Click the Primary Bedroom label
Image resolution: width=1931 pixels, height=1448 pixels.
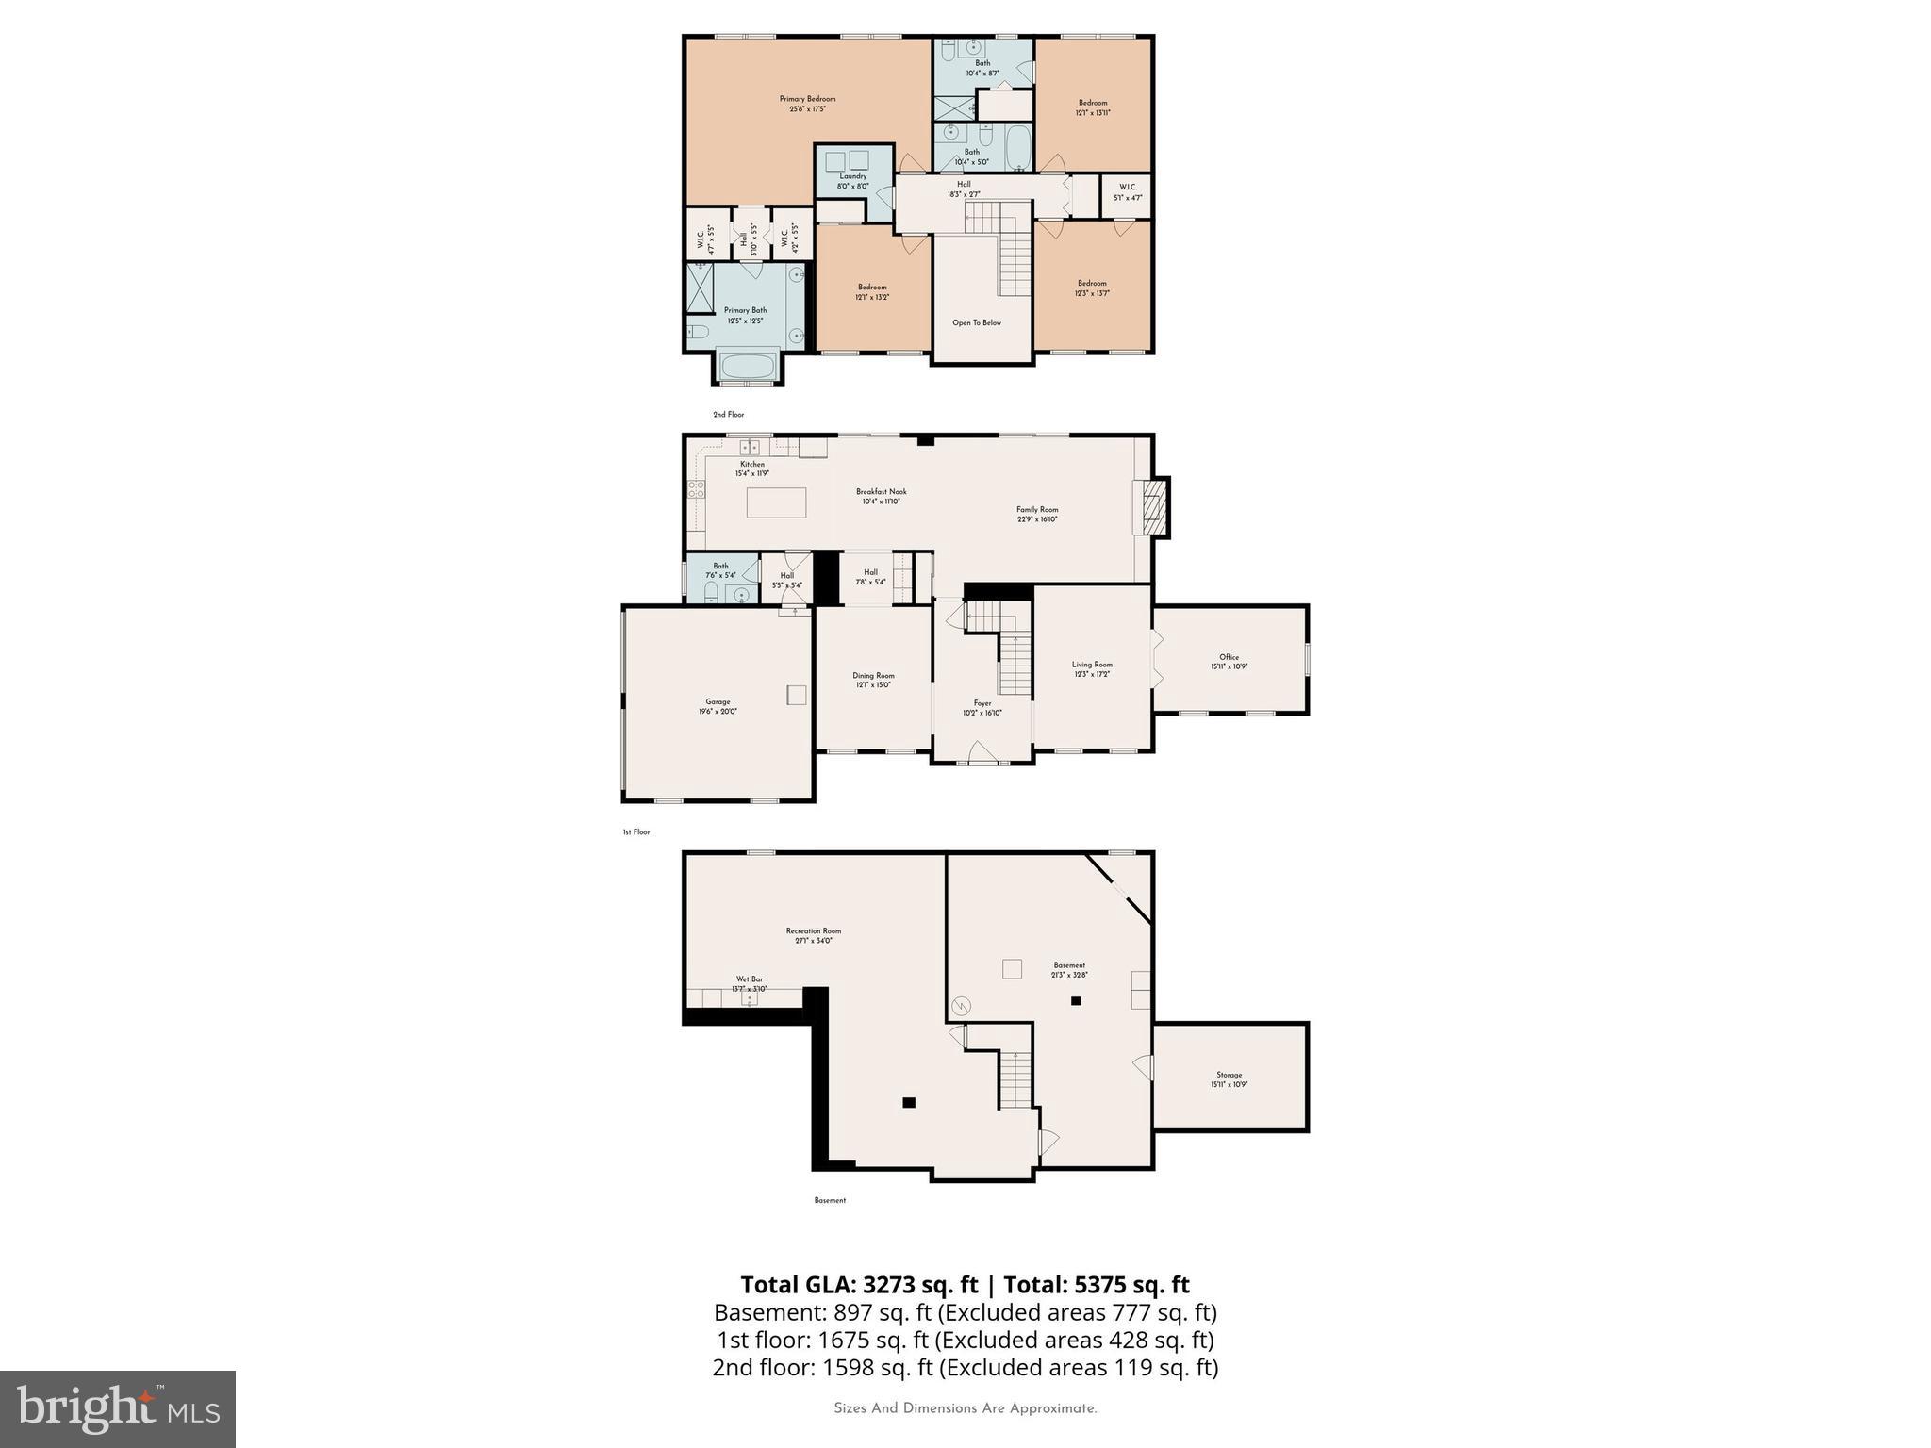[x=807, y=99]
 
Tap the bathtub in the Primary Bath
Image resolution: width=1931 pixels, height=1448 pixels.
[x=747, y=366]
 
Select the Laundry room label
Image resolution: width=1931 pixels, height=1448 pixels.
[x=852, y=176]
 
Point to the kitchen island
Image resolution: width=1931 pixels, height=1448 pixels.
[x=776, y=502]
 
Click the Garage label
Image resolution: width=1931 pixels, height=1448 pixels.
[x=718, y=701]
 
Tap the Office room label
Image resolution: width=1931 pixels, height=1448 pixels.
[x=1229, y=657]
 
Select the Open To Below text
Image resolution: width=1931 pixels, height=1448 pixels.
[x=977, y=322]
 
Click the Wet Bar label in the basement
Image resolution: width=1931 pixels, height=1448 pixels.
[x=750, y=979]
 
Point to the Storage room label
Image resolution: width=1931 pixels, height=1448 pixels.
[x=1229, y=1075]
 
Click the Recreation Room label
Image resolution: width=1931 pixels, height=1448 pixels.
[x=813, y=930]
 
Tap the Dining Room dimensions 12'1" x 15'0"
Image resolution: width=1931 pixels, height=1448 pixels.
[x=873, y=685]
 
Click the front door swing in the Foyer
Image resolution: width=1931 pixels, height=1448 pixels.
[x=981, y=750]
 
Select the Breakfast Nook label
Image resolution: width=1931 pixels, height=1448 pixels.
[x=882, y=491]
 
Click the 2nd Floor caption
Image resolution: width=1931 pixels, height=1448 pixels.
[x=728, y=415]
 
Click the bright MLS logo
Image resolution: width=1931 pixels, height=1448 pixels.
[x=118, y=1408]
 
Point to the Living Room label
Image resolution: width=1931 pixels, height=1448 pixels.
[x=1092, y=665]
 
